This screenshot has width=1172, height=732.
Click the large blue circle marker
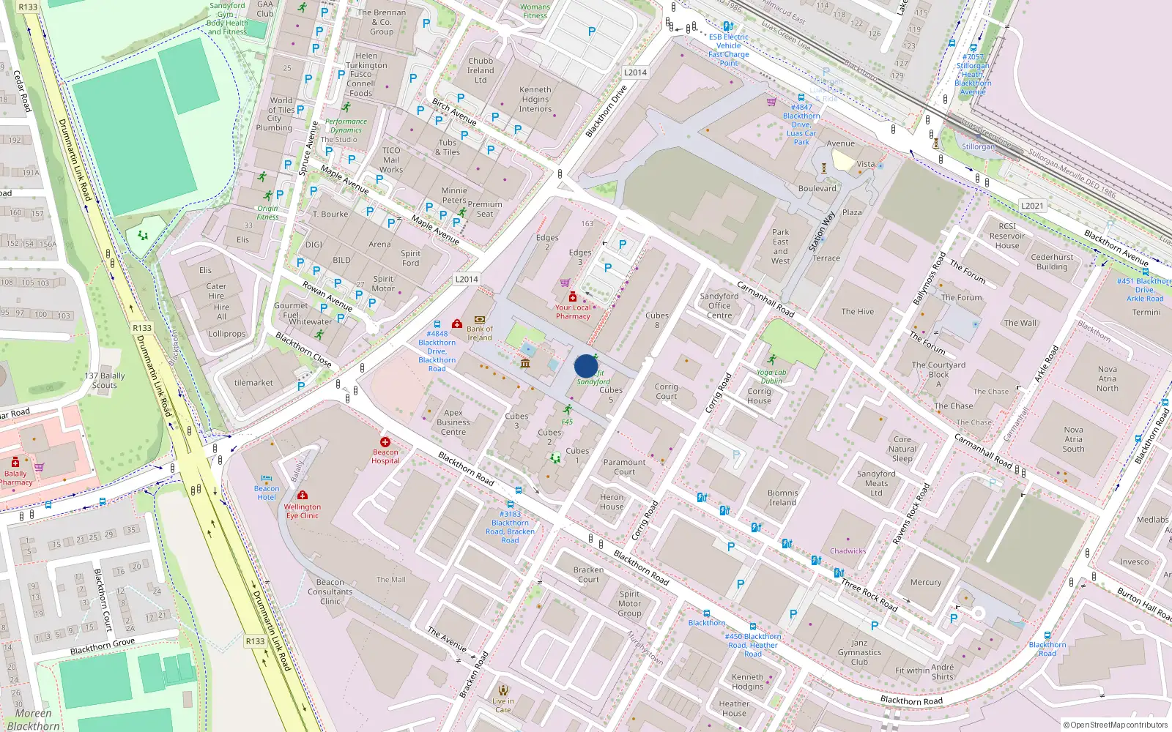pos(586,366)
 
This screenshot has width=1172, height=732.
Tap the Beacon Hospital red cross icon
pos(385,442)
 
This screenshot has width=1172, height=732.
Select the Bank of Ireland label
pos(480,333)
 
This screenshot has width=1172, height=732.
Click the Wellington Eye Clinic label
pos(303,511)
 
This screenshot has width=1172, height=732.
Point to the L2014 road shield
pos(467,279)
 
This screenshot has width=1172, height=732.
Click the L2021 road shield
pos(1032,206)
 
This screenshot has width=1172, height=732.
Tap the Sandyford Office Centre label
pos(719,306)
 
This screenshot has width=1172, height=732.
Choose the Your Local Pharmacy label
pos(573,312)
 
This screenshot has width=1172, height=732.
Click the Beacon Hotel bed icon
pos(267,479)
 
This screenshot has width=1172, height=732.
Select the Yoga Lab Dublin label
pos(771,376)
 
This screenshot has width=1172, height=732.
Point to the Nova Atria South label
pos(1073,439)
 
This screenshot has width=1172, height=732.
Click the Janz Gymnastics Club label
pos(859,652)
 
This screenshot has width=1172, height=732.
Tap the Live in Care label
pos(503,705)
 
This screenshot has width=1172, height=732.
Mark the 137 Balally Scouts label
pos(105,380)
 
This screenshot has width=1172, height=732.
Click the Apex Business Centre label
pos(453,422)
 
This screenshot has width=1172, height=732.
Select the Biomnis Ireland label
pos(782,498)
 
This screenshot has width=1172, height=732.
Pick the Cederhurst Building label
pos(1052,262)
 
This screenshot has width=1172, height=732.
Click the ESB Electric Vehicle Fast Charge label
pos(728,50)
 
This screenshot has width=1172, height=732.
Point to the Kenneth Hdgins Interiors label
pos(535,100)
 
